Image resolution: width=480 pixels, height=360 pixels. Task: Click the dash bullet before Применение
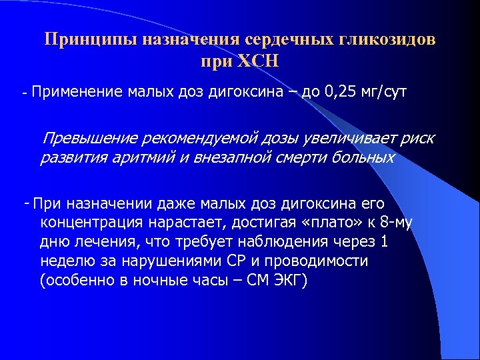[x=25, y=93]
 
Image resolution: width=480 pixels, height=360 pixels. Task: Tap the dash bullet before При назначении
[x=26, y=203]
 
